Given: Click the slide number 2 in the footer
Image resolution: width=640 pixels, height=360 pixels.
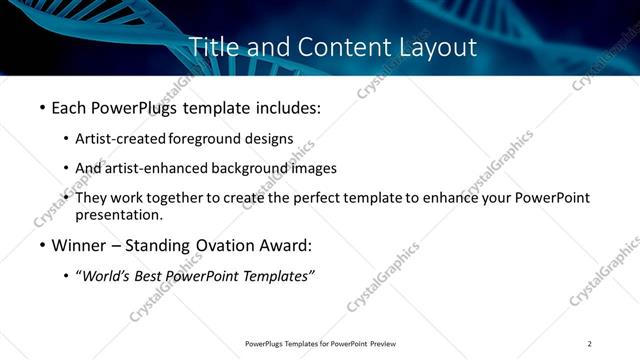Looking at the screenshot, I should pos(590,343).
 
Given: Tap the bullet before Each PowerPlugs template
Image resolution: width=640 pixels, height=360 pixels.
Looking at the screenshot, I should pos(42,106).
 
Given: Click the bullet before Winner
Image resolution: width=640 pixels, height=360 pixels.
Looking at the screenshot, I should pos(42,245).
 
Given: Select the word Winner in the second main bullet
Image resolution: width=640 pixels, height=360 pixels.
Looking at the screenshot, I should pos(80,245).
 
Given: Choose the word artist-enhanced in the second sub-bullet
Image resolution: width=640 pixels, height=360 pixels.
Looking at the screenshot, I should pos(156,168).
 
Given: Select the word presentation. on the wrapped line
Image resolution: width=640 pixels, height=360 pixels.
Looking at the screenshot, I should pos(118,215).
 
